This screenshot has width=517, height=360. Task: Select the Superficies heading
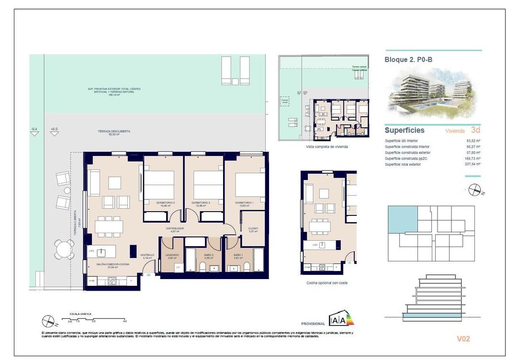point(405,130)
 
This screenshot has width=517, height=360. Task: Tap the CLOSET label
point(253,229)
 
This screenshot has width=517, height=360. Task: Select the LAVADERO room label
point(172,255)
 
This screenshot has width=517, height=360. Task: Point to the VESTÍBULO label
point(147,255)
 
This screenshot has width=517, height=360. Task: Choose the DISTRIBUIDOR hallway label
point(175,229)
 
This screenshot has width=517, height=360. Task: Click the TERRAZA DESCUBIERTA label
point(114,131)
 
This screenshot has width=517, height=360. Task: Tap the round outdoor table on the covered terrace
point(64,249)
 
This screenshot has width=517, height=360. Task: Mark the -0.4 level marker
point(34,129)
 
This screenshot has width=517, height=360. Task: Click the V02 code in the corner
point(463,338)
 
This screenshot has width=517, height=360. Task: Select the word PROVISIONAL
point(313,324)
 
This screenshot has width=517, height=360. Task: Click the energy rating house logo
point(341,318)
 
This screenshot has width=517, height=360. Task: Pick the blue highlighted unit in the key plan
point(402,219)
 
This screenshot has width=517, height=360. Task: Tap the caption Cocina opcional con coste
point(327,283)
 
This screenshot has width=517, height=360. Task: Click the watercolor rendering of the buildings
point(432,93)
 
